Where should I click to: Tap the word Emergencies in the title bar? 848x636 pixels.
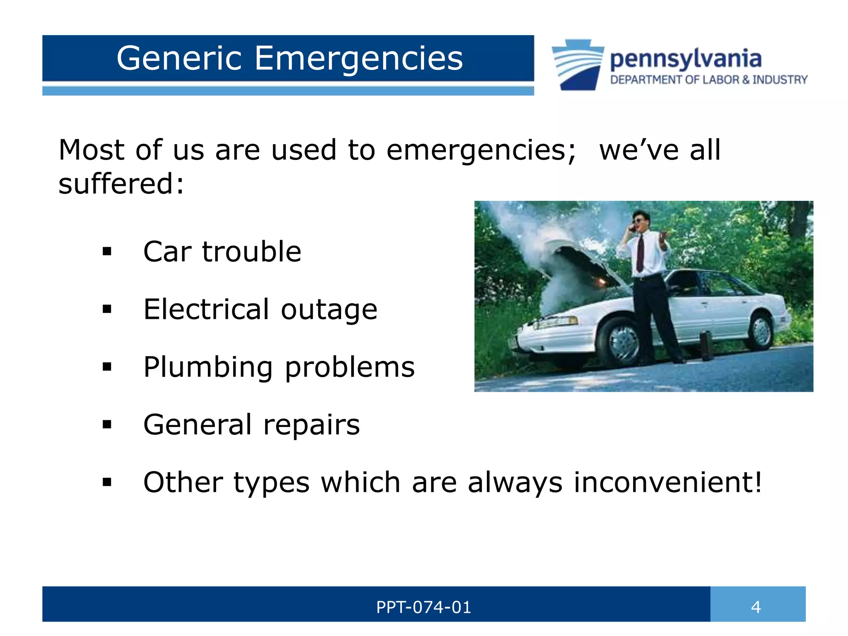358,58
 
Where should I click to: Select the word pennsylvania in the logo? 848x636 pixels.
686,59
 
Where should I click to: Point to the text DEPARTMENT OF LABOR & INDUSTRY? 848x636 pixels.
708,79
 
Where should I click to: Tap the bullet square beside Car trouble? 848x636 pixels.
107,251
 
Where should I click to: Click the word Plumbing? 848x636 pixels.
208,367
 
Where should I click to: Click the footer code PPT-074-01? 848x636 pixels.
424,607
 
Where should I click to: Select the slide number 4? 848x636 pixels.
756,607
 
